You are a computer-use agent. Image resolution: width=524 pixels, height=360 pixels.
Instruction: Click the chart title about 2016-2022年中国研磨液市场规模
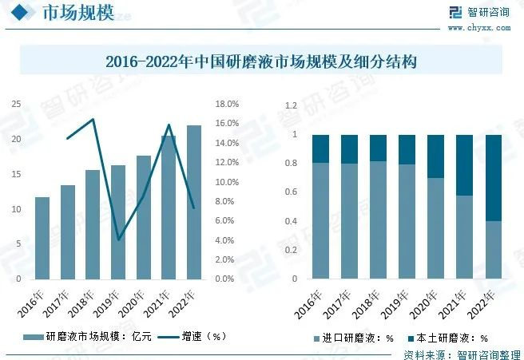click(261, 61)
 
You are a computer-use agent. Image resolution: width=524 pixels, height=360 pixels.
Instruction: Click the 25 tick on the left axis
click(16, 104)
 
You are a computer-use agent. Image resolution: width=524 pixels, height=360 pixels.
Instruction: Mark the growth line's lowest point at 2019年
click(118, 239)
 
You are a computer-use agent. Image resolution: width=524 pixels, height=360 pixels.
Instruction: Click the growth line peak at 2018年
click(93, 120)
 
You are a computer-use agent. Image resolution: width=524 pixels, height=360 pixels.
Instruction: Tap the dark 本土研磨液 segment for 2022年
click(494, 177)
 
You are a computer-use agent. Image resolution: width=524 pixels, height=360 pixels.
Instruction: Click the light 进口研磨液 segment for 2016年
click(320, 221)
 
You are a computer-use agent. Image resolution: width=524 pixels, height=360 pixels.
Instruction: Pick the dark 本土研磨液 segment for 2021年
click(466, 165)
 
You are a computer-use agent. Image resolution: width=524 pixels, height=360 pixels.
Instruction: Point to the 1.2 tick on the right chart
click(292, 105)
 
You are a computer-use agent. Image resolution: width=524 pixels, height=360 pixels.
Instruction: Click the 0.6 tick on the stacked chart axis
click(292, 192)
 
